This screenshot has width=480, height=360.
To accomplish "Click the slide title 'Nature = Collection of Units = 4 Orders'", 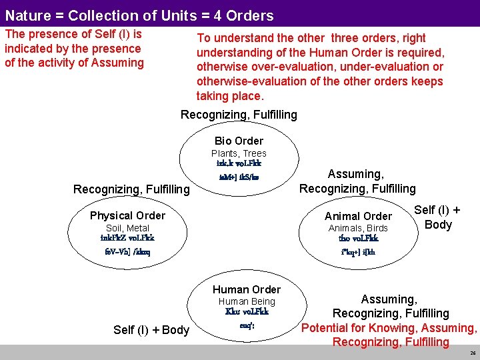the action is [x=139, y=15].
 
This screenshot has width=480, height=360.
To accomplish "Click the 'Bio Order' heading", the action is [x=239, y=141].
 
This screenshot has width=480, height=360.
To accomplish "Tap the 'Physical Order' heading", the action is [x=127, y=215].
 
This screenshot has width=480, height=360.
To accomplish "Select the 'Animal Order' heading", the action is [x=358, y=216].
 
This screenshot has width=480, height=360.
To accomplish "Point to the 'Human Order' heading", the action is [x=247, y=289].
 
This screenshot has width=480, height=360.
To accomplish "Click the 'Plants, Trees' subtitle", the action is [x=239, y=153].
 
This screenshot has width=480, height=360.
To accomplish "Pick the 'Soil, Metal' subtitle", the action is [x=127, y=228].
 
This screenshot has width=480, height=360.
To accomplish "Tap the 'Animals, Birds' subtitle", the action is [x=358, y=228].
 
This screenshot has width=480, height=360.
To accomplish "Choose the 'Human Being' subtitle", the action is [x=247, y=301].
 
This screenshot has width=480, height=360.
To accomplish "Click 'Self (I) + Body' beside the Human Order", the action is [x=151, y=330].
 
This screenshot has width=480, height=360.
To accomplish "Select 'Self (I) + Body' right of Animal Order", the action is [x=437, y=217].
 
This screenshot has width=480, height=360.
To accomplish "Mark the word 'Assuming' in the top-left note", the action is [x=117, y=63].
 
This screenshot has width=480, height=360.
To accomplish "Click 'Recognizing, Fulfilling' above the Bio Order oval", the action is [x=239, y=115].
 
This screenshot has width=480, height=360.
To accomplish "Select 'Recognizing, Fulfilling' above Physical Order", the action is [x=131, y=190].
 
